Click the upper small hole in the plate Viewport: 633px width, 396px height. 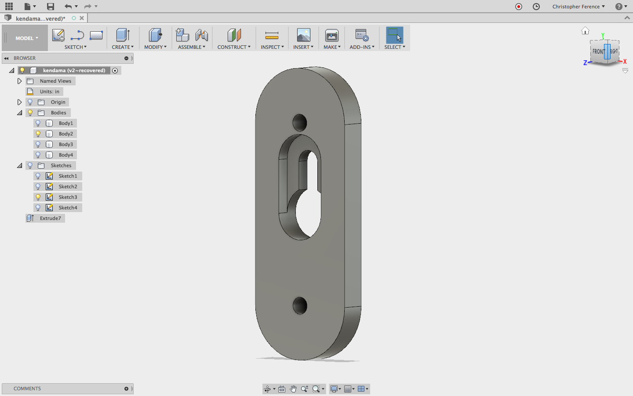(299, 123)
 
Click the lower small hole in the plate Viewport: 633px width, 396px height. (300, 305)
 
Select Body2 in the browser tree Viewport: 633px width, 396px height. (65, 133)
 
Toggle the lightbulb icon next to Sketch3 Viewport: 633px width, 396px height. (38, 197)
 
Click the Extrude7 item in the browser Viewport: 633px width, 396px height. (50, 218)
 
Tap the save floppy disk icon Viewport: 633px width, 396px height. (50, 6)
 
